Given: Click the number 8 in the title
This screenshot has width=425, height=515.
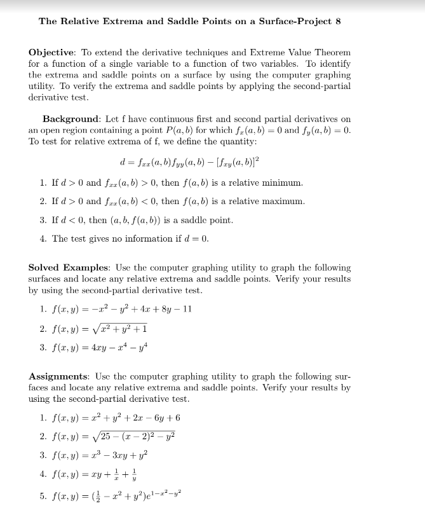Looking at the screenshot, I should [338, 21].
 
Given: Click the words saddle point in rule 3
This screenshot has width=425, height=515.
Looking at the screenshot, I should [209, 221].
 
